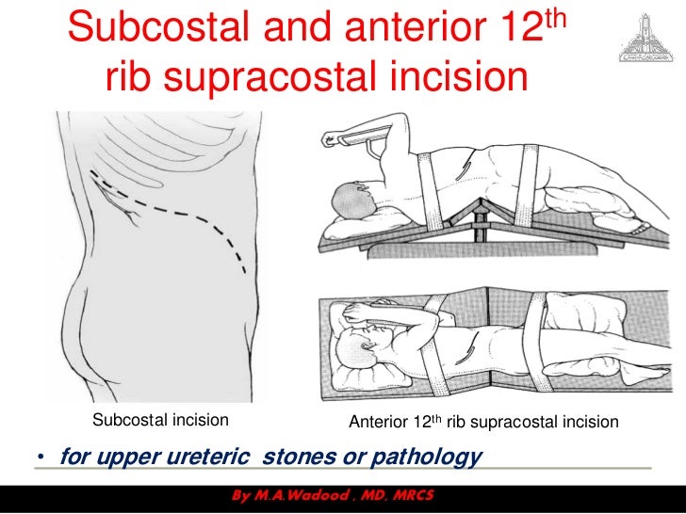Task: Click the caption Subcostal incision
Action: (159, 421)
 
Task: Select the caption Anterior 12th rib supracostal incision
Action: (483, 422)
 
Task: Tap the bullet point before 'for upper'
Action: (41, 458)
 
